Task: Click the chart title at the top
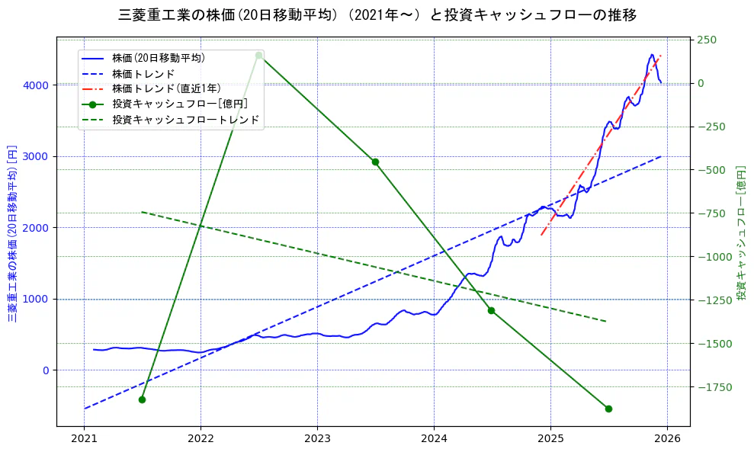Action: tap(377, 14)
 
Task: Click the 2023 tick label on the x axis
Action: tap(317, 439)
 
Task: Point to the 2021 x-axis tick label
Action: tap(84, 439)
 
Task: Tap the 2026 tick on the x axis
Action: tap(667, 439)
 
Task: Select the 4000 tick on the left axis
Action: tap(37, 85)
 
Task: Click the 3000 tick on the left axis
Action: tap(37, 156)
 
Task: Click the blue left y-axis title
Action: tap(12, 233)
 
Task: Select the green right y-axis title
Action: tap(741, 232)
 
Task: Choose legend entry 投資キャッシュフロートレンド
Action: tap(185, 120)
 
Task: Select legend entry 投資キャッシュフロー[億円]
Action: tap(179, 104)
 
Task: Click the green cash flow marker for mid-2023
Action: tap(375, 162)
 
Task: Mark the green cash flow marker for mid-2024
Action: tap(491, 310)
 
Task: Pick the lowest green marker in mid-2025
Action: tap(608, 409)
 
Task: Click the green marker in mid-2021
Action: tap(142, 399)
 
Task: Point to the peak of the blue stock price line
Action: tap(652, 55)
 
